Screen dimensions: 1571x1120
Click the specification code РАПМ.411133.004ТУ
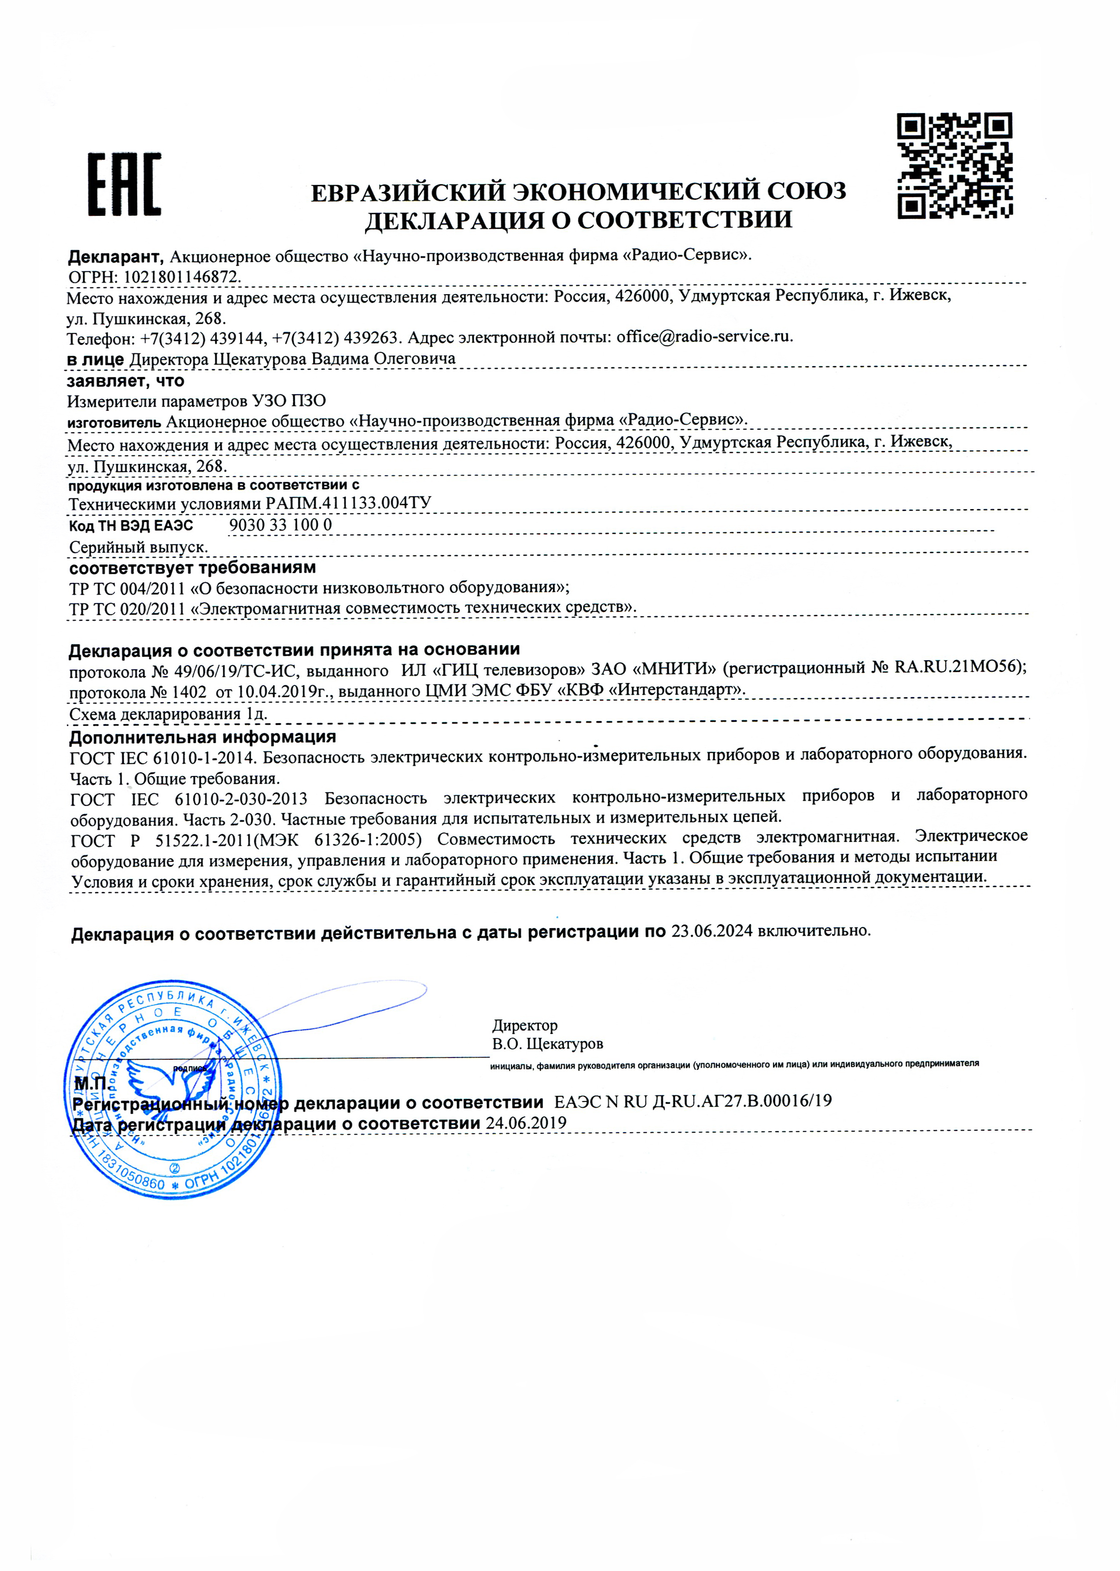pos(348,502)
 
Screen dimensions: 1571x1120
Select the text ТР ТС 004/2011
pos(127,588)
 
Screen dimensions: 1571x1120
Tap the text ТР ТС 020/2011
pos(127,609)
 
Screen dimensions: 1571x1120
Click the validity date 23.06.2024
pos(712,931)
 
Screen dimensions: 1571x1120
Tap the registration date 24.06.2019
pos(526,1123)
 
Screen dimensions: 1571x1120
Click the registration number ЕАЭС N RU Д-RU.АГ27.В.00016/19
pos(693,1101)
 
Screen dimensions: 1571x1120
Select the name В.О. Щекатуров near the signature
pos(548,1044)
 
